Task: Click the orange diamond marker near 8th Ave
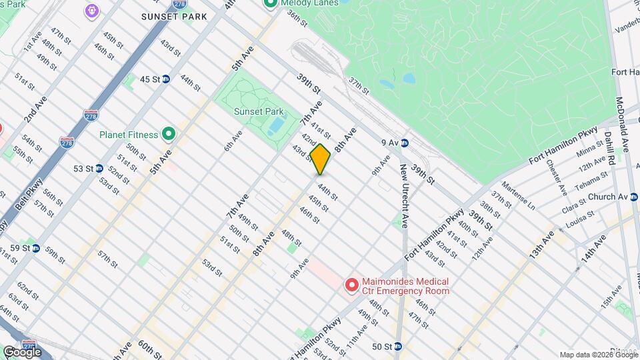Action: pos(320,159)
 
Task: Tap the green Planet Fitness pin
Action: pos(169,135)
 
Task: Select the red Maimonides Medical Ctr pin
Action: pos(351,285)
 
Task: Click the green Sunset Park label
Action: pos(259,112)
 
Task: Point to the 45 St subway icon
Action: pos(166,79)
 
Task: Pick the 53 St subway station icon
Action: pos(99,168)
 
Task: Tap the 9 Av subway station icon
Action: pos(404,142)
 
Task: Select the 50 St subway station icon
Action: pos(397,347)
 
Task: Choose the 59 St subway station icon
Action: pos(35,248)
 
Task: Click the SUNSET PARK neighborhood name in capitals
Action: pos(169,16)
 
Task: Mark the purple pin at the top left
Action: pos(91,11)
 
